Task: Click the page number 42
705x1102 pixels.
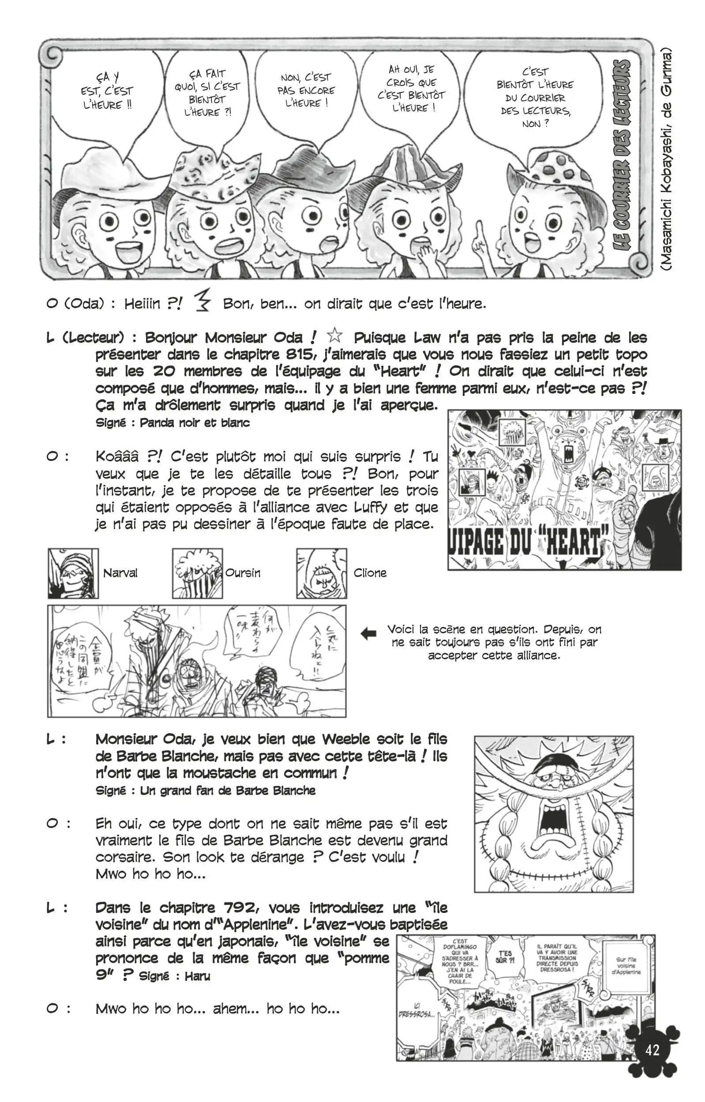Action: (652, 1050)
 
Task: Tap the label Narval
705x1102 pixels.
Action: (120, 573)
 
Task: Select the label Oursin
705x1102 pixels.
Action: (243, 573)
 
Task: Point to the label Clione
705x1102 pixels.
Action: (370, 573)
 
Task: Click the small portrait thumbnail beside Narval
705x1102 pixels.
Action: (73, 573)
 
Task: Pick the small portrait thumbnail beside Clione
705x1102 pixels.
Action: (322, 573)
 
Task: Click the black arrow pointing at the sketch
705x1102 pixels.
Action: (369, 634)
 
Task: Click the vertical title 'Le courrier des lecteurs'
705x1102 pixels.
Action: (622, 156)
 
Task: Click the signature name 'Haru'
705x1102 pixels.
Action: (198, 976)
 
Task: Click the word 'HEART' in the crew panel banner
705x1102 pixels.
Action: (573, 543)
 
